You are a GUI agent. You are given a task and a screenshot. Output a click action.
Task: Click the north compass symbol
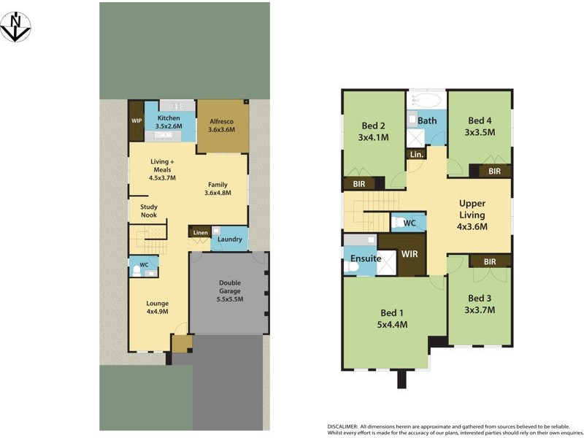[x=15, y=27]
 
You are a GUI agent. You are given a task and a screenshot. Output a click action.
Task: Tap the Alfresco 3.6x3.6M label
[x=222, y=126]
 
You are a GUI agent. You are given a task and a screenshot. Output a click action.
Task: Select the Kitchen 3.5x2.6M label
[x=169, y=122]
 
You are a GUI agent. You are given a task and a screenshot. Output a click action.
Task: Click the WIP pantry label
[x=137, y=121]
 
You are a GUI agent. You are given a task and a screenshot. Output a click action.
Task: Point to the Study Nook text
[x=149, y=211]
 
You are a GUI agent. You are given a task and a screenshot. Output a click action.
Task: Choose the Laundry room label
[x=230, y=239]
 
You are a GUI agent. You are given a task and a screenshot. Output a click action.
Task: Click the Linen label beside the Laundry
[x=200, y=233]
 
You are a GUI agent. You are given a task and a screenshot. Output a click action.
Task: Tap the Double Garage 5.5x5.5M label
[x=230, y=291]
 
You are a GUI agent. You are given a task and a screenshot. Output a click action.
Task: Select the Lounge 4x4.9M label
[x=157, y=307]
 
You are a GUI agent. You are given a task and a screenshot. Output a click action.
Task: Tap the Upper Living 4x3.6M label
[x=472, y=215]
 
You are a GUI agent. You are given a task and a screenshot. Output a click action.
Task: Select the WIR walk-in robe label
[x=410, y=255]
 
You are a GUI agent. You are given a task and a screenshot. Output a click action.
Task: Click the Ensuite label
[x=366, y=258]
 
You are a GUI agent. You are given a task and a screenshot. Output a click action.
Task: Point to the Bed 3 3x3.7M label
[x=481, y=304]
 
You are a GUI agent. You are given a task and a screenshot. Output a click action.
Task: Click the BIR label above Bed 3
[x=489, y=261]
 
